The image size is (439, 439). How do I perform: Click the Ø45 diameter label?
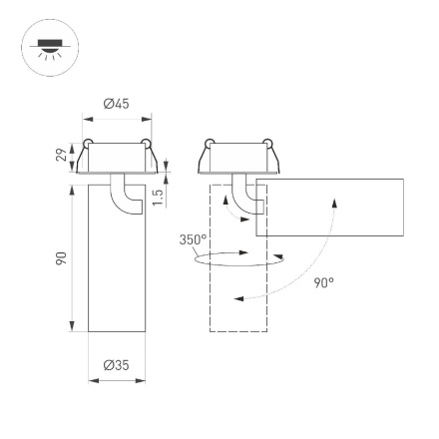click(x=118, y=103)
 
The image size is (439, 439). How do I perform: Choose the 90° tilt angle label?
click(x=323, y=282)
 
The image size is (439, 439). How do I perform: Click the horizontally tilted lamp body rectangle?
click(x=329, y=207)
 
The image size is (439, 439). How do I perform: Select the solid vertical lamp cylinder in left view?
click(x=118, y=269)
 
